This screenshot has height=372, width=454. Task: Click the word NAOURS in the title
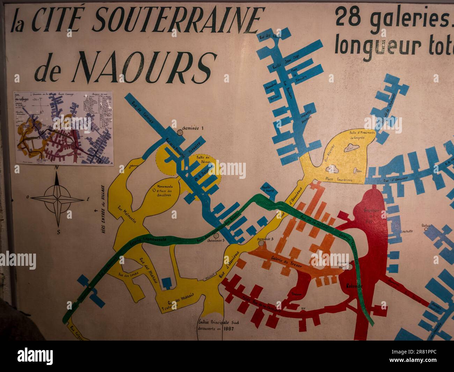(143, 67)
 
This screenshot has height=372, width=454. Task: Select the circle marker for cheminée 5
(217, 236)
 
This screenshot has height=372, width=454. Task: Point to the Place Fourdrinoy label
(338, 180)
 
